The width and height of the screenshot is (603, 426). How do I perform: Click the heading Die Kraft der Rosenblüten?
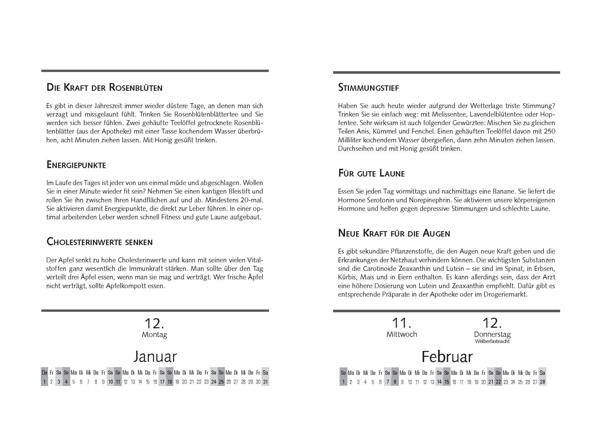(104, 87)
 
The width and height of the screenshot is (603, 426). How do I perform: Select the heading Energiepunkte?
(76, 165)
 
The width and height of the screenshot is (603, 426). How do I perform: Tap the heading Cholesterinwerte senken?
(99, 242)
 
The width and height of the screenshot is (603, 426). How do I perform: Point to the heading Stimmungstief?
(369, 87)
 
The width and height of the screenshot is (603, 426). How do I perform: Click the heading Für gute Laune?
(371, 173)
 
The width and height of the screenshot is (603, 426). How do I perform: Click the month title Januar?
(155, 356)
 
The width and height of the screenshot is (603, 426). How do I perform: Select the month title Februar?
(447, 356)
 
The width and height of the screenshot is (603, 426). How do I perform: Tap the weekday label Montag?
(155, 335)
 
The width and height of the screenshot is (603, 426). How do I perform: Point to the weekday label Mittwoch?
(401, 334)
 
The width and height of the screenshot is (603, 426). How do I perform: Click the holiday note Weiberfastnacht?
(492, 341)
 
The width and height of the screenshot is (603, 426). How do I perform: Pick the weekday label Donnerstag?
(492, 334)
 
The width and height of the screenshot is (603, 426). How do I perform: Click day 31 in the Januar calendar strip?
(265, 382)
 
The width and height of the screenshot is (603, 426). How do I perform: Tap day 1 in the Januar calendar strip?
(44, 382)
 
